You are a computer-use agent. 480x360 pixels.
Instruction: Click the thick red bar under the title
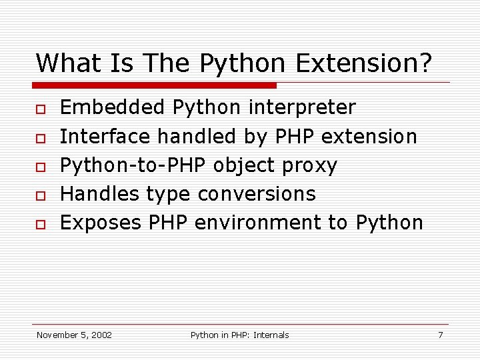155,85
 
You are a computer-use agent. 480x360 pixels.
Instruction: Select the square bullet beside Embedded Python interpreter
41,108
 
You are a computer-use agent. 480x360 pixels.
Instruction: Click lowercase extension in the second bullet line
369,137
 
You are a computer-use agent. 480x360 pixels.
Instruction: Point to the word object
244,165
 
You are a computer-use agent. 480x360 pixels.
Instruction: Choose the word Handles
100,194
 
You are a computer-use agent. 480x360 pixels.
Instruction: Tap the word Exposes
101,223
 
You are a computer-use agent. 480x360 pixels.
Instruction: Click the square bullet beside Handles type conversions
41,195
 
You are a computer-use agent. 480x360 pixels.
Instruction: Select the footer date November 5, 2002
74,335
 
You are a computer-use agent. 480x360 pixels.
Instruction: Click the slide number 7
440,335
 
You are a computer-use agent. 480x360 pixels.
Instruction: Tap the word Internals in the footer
270,335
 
